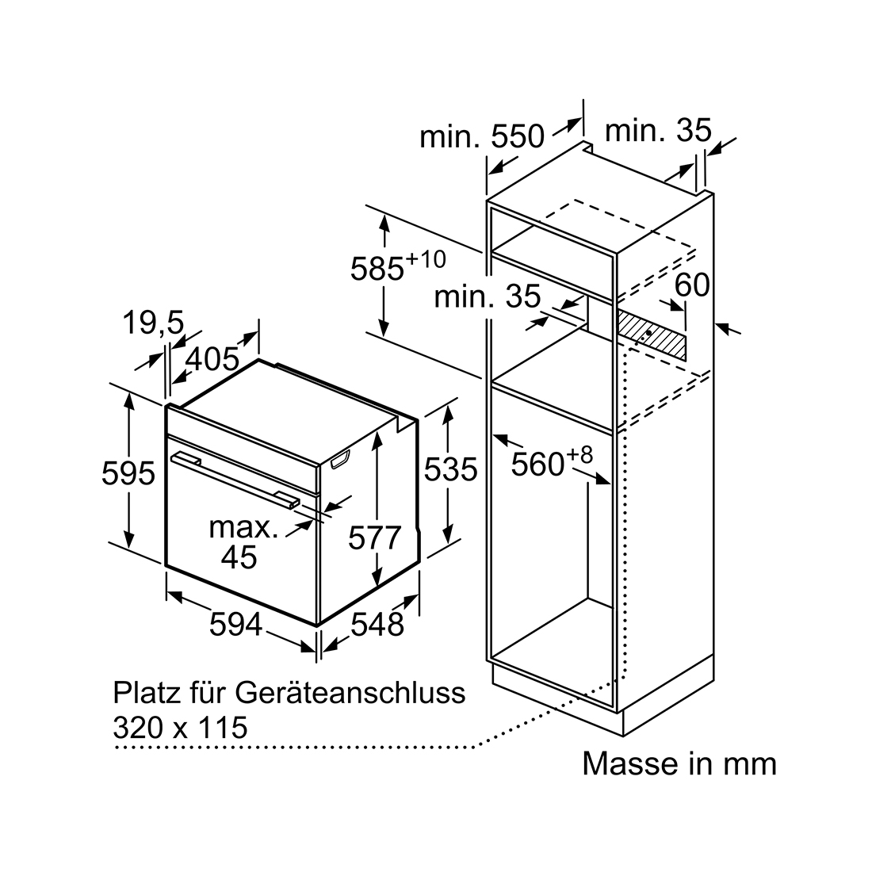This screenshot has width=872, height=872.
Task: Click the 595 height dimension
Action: pos(128,474)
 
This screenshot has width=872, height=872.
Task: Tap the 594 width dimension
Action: pos(235,624)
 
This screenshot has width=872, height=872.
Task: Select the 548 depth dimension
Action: pos(377,624)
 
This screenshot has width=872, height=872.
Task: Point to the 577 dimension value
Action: pos(375,537)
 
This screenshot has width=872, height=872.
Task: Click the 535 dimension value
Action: pos(450,469)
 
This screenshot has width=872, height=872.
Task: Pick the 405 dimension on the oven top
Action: pos(212,359)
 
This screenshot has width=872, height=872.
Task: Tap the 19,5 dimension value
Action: pos(153,323)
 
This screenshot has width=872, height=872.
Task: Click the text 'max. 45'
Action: pos(243,541)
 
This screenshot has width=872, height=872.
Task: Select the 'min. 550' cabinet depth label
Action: pos(482,136)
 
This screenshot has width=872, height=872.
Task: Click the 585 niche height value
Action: pos(377,270)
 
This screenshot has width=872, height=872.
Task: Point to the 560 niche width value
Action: pos(537,464)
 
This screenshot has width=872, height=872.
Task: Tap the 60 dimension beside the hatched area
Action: pos(692,285)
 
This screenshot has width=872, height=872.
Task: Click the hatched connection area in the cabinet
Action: pos(651,333)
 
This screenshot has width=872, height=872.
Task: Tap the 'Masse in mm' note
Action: pos(679,763)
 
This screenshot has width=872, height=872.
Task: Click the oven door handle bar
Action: pos(235,480)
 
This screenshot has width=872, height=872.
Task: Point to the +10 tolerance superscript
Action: pos(426,258)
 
